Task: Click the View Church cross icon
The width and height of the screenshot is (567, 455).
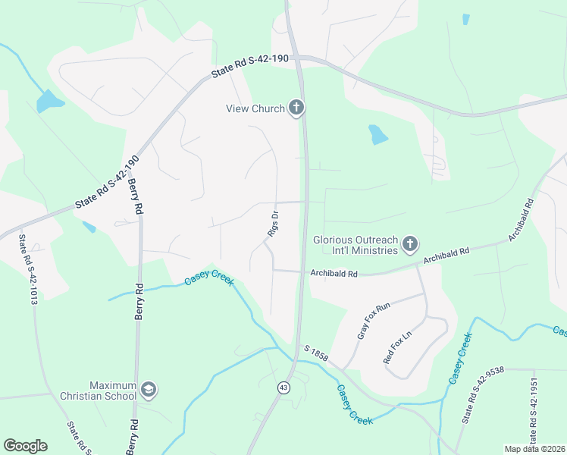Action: pos(296,108)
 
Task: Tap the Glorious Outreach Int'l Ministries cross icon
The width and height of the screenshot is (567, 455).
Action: pos(409,244)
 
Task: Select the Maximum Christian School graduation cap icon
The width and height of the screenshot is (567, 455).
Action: pos(148,390)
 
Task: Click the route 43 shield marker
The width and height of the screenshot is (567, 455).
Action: pos(283,388)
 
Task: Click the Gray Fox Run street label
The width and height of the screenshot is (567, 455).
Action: pos(372,320)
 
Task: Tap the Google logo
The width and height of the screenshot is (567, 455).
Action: pos(25,446)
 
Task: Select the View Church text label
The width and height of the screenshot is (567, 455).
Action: pos(255,108)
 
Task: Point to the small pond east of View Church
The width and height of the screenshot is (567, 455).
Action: pos(377,135)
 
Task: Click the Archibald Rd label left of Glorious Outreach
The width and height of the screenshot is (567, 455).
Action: pos(333,273)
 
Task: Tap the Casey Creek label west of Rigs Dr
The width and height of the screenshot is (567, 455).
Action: pos(209,281)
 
